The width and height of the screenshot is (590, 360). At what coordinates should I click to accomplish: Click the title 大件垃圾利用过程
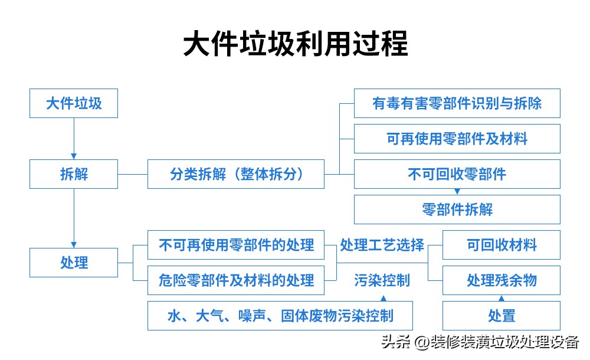(295, 45)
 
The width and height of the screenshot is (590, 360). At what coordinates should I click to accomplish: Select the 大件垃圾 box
(74, 103)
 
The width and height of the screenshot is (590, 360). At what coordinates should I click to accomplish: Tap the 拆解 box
(74, 174)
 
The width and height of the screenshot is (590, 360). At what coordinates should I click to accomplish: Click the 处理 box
(74, 263)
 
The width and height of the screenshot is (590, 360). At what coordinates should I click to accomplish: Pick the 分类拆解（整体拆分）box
(235, 174)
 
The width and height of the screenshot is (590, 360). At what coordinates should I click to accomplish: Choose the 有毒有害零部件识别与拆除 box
(457, 103)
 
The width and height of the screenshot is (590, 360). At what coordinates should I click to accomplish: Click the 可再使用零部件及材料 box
(457, 139)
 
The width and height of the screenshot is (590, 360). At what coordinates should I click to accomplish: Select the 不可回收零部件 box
(457, 174)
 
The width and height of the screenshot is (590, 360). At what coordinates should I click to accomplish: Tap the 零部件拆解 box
(457, 210)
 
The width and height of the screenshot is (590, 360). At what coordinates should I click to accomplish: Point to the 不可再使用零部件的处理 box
(235, 245)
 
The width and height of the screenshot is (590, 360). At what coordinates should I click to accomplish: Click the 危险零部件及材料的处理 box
(235, 280)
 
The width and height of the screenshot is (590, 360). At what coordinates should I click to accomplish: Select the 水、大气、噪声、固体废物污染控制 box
(280, 316)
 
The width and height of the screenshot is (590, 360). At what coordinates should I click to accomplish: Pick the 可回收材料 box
(501, 245)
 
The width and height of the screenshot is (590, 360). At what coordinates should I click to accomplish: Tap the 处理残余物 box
(501, 280)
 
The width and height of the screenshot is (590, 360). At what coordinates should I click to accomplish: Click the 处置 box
(501, 316)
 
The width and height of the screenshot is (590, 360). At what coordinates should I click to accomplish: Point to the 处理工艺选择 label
(382, 245)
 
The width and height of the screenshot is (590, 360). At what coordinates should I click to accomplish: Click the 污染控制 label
(382, 280)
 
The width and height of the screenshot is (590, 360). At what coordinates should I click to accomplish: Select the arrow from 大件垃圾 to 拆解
(74, 139)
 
